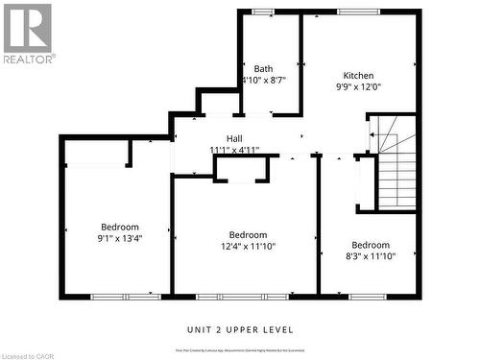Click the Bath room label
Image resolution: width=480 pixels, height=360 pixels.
(x=263, y=68)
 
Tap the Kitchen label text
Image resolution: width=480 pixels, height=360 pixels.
(x=359, y=76)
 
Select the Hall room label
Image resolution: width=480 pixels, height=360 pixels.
(x=234, y=138)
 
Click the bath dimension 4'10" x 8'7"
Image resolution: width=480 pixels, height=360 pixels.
(x=264, y=81)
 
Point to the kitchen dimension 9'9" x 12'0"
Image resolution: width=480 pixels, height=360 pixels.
(x=359, y=87)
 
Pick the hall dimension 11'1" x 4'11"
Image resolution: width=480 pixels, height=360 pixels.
(x=234, y=150)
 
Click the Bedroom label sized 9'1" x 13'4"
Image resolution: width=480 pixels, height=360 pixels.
(x=120, y=228)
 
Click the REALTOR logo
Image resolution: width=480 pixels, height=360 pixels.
(x=28, y=33)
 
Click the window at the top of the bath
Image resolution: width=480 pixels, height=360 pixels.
(x=262, y=12)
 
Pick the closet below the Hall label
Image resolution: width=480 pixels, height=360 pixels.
(x=241, y=169)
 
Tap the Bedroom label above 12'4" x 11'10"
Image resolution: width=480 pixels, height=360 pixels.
(x=248, y=234)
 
